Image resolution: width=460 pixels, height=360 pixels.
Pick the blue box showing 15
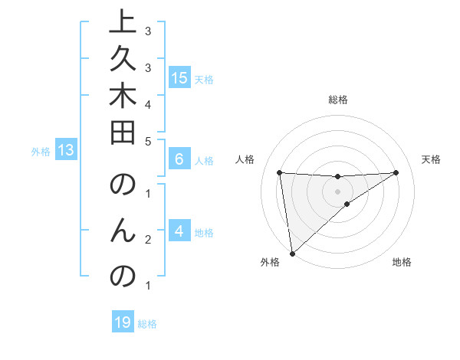click(179, 78)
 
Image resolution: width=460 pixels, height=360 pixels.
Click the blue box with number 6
click(179, 160)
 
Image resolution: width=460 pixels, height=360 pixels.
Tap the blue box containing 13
click(66, 151)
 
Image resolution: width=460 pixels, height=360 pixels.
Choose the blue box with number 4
click(179, 232)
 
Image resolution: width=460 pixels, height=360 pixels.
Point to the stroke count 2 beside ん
click(147, 241)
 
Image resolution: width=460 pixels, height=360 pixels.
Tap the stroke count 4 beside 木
click(147, 103)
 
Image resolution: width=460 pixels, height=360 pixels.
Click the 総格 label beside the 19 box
click(147, 324)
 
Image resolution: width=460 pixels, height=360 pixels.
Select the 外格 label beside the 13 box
click(41, 152)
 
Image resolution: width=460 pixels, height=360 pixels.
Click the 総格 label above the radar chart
click(338, 100)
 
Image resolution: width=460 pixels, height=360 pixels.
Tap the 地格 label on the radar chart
click(402, 262)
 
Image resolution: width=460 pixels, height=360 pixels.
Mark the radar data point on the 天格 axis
click(396, 172)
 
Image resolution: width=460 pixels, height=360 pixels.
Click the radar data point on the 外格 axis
click(292, 253)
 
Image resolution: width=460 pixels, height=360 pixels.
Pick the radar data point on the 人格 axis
click(280, 172)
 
